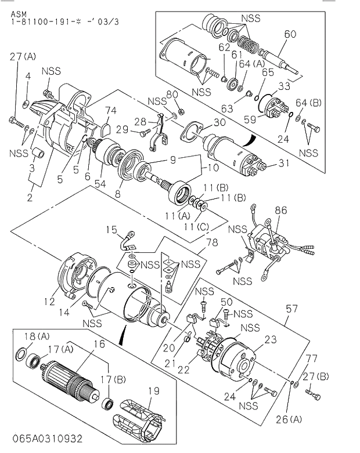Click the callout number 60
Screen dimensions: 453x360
click(290, 34)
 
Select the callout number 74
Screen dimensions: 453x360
click(111, 110)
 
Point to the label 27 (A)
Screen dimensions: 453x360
click(23, 56)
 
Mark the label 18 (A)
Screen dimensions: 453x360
click(21, 335)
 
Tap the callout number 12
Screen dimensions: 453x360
click(49, 301)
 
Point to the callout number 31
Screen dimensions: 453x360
click(283, 164)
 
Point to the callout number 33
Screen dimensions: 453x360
click(283, 87)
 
